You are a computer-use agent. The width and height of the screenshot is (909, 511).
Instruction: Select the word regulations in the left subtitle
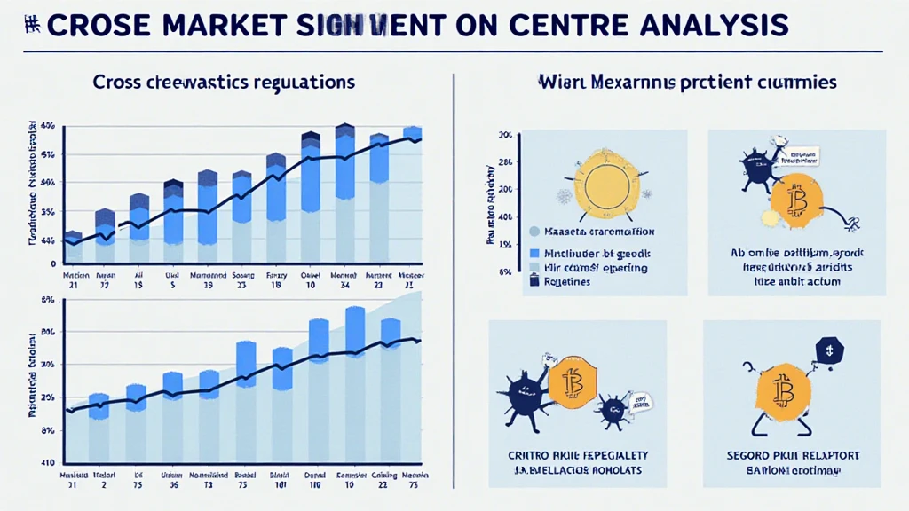click(303, 82)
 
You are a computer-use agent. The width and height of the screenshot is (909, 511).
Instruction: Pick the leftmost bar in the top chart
click(74, 248)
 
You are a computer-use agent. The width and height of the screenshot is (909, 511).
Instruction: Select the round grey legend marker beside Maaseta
click(534, 232)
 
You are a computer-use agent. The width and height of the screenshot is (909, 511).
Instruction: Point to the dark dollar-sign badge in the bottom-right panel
click(827, 350)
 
